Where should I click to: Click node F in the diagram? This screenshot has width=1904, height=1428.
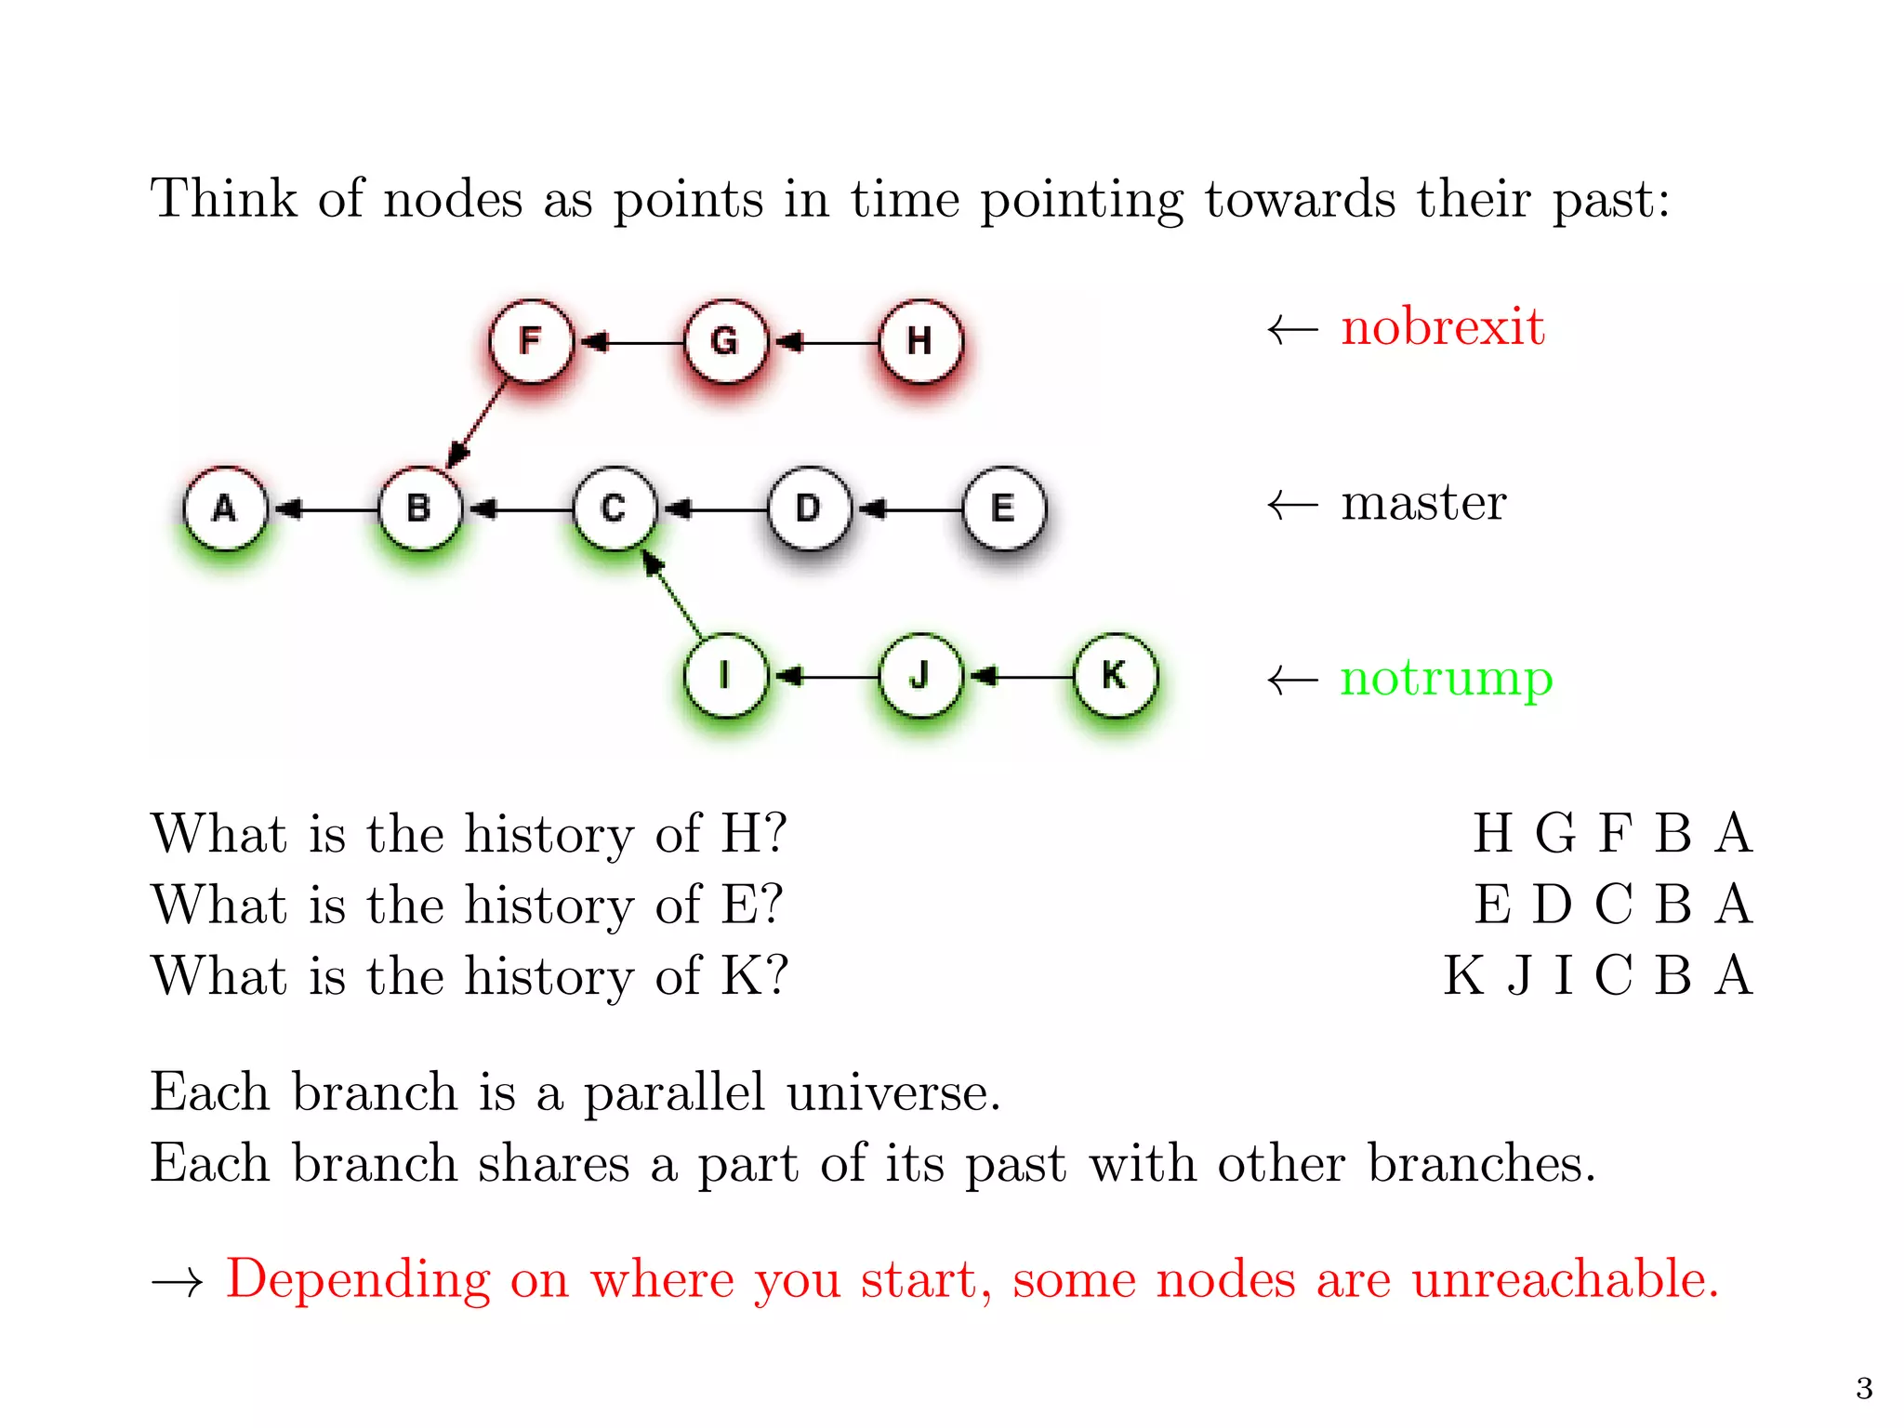click(531, 341)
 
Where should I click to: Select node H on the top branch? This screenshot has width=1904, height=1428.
click(920, 341)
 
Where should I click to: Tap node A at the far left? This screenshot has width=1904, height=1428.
click(225, 509)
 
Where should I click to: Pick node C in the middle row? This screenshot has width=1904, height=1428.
click(614, 509)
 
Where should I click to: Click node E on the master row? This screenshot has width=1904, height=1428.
click(1003, 509)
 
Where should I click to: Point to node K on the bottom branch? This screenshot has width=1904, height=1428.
click(1115, 676)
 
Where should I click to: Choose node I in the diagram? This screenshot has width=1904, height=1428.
click(725, 676)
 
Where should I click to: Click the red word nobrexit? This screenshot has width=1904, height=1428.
click(1442, 327)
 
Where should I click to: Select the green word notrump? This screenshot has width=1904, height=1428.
click(1446, 679)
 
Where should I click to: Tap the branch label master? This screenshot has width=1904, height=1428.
click(1422, 503)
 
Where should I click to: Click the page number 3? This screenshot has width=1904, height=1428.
click(1864, 1388)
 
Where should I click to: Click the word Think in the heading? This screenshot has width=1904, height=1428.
click(224, 199)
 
